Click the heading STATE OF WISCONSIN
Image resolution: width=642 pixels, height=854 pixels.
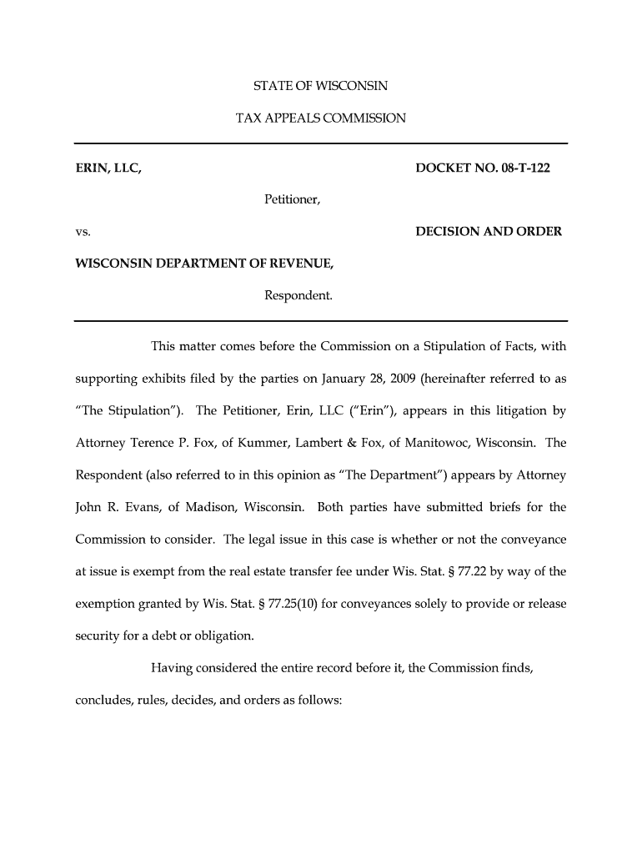(x=321, y=86)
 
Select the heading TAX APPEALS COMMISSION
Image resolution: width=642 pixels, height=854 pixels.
(x=321, y=118)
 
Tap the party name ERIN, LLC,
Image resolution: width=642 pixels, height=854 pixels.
(x=108, y=168)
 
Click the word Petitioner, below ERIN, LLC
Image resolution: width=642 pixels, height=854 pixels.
(x=293, y=200)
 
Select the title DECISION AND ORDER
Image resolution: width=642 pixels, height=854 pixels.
(x=489, y=231)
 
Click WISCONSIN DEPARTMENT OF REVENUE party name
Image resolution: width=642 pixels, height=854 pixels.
(x=205, y=264)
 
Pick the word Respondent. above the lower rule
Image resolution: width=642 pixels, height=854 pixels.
(x=298, y=295)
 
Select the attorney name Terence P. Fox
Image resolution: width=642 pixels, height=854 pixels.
(x=165, y=443)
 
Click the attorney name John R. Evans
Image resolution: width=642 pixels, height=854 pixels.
(x=112, y=507)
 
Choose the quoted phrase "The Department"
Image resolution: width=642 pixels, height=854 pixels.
(x=386, y=475)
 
